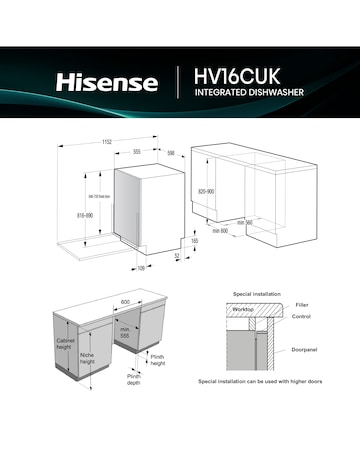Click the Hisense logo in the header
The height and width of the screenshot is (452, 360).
pyautogui.click(x=106, y=82)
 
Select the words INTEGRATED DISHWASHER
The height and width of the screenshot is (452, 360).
pyautogui.click(x=248, y=94)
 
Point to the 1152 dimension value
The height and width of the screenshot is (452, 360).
pyautogui.click(x=106, y=143)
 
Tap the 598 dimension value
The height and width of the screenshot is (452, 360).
pyautogui.click(x=171, y=153)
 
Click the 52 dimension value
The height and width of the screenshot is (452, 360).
pyautogui.click(x=177, y=256)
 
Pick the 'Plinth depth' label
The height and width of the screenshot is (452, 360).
pyautogui.click(x=134, y=380)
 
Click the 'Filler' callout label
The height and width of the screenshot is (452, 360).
pyautogui.click(x=302, y=303)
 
